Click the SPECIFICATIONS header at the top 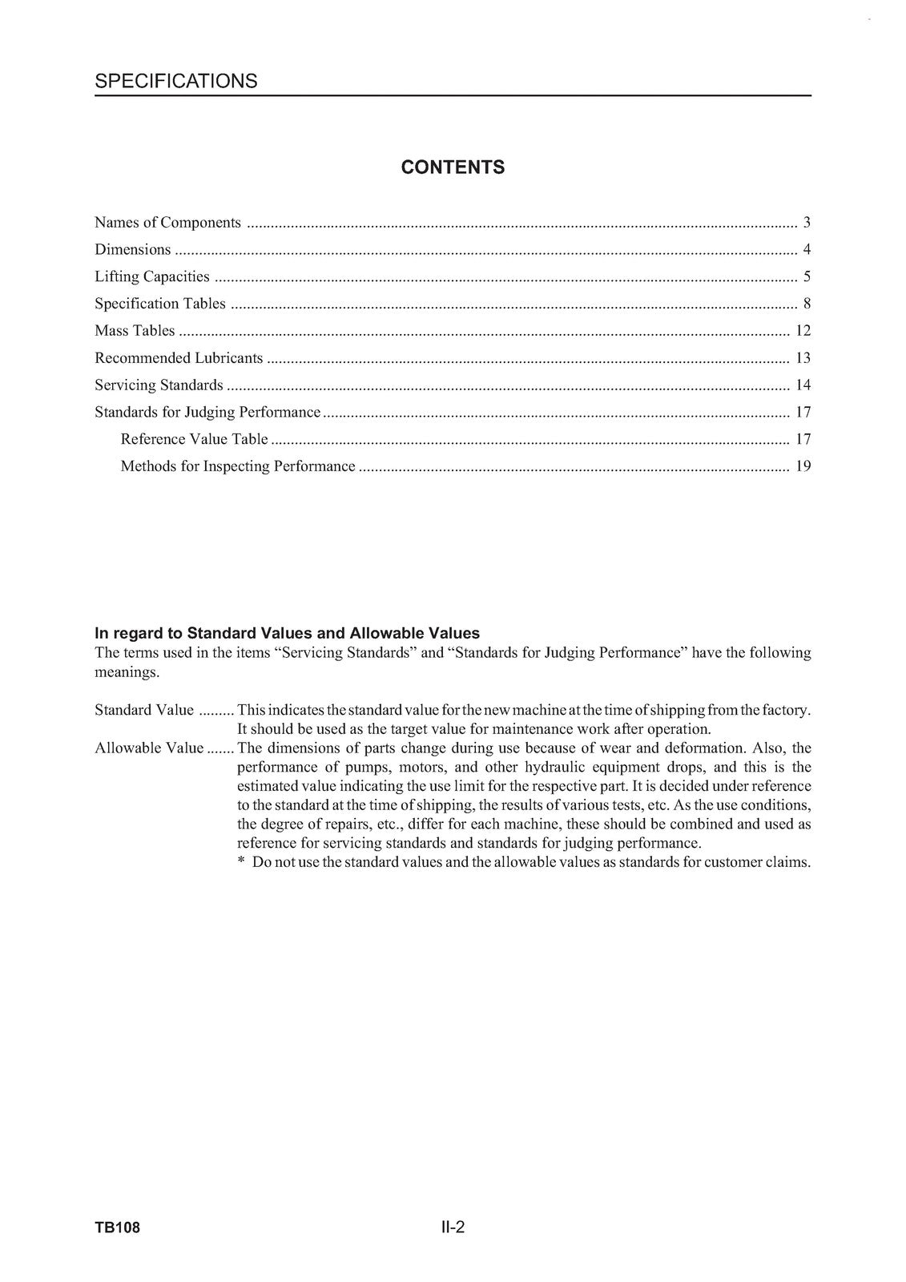pos(176,81)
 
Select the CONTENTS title pos(453,167)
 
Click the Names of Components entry pos(167,223)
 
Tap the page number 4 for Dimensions pos(807,250)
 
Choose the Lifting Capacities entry pos(152,277)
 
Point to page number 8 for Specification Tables pos(807,304)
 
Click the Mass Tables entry pos(135,331)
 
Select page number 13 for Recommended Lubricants pos(803,358)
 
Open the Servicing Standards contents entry pos(159,385)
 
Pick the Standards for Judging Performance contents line pos(207,413)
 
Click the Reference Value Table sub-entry pos(194,439)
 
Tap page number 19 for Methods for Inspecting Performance pos(803,466)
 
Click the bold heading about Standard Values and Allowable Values pos(287,634)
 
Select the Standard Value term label pos(144,710)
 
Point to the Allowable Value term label pos(149,748)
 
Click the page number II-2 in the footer pos(453,1228)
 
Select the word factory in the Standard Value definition pos(786,710)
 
